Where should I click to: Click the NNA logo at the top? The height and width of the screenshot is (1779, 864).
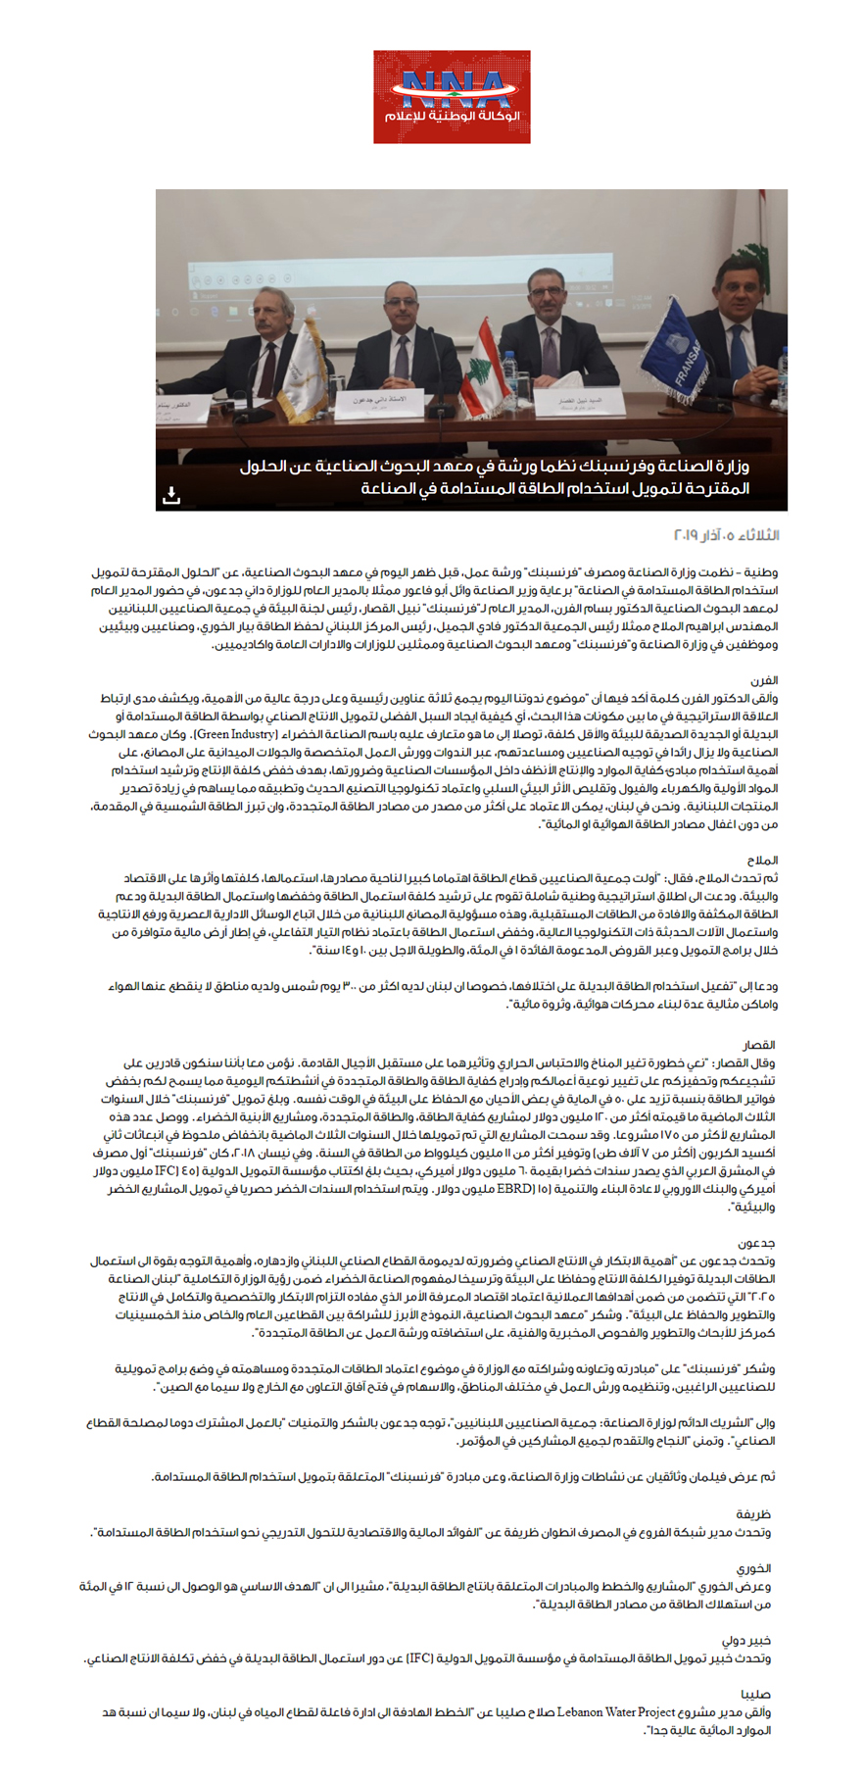(x=452, y=97)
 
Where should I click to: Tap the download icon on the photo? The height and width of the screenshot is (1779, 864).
(x=171, y=495)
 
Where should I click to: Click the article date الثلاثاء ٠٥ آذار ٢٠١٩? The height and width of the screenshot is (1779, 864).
(x=727, y=535)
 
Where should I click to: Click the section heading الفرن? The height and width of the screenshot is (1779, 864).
(x=764, y=679)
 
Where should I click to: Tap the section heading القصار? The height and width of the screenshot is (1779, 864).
(x=759, y=1046)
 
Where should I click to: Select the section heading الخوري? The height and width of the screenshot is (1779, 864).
(x=755, y=1568)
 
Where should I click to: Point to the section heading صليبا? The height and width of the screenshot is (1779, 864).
(x=756, y=1694)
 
